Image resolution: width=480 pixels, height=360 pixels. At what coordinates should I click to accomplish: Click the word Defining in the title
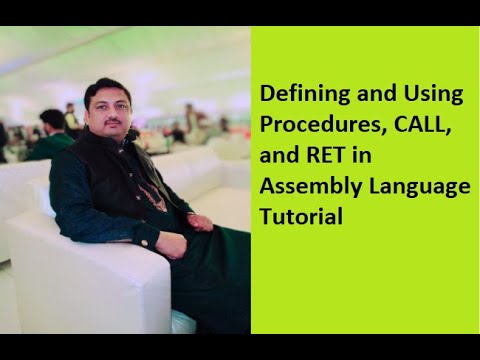297,95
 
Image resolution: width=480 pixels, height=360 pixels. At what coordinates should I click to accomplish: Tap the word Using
437,95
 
